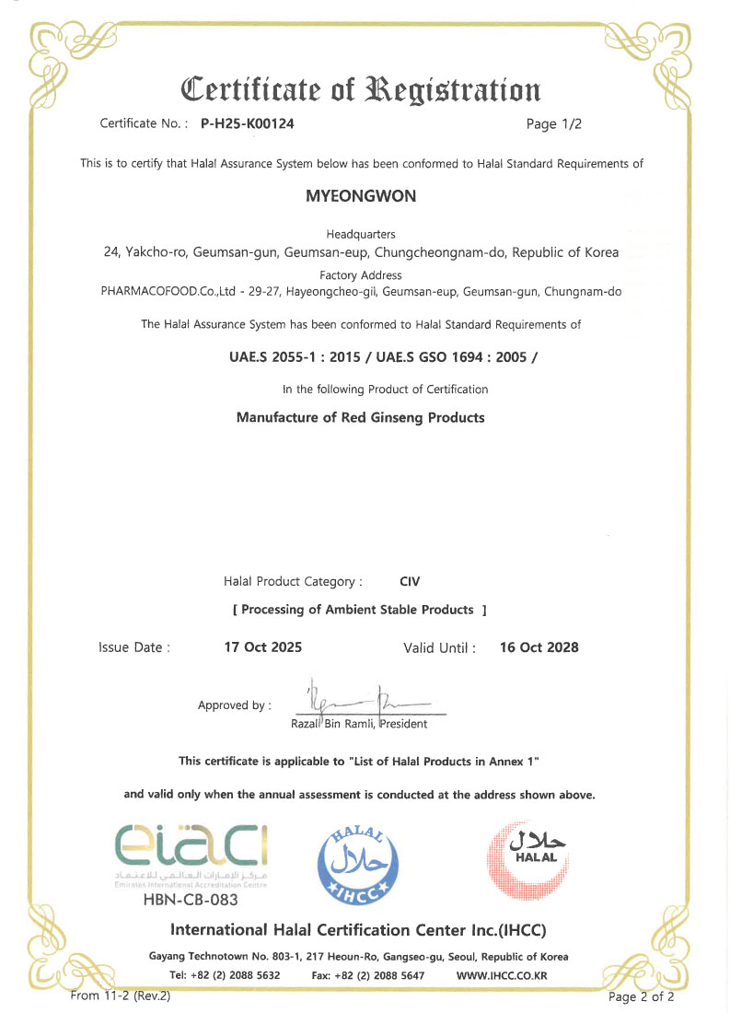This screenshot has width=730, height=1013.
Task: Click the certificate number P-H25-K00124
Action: coord(247,122)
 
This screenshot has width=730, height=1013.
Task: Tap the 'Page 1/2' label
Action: coord(554,122)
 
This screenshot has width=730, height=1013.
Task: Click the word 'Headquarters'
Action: coord(361,235)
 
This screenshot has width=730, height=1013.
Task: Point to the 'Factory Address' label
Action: coord(361,275)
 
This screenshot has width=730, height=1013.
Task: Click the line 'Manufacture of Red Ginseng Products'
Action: coord(361,417)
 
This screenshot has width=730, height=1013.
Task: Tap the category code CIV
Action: coord(410,582)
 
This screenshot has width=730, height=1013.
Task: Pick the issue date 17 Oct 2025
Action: coord(263,647)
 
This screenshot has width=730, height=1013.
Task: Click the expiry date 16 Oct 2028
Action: coord(539,647)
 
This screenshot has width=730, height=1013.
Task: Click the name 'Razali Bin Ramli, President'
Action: coord(359,724)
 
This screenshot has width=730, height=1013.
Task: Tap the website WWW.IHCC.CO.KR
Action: coord(502,975)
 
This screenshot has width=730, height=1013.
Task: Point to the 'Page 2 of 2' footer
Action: coord(642,996)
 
